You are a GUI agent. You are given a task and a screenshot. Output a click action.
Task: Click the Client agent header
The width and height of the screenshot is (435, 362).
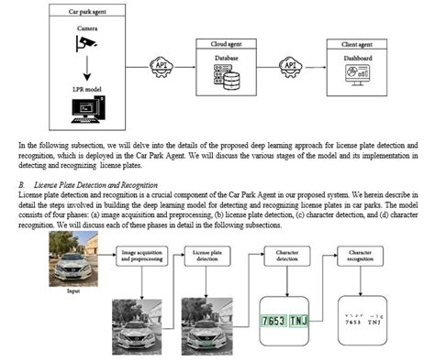pyautogui.click(x=360, y=44)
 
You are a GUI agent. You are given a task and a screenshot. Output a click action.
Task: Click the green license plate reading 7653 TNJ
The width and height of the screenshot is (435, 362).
pyautogui.click(x=285, y=323)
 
